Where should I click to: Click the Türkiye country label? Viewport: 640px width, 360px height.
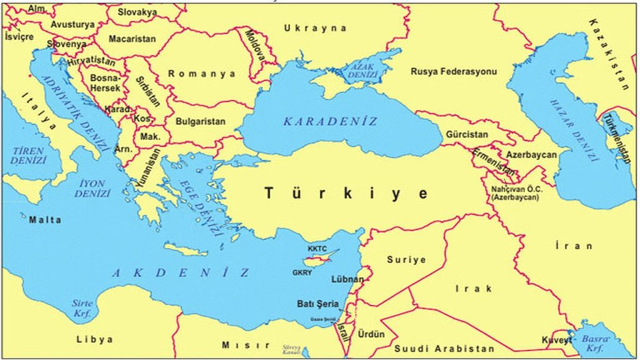pos(346,193)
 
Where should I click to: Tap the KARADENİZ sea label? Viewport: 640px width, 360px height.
pos(331,121)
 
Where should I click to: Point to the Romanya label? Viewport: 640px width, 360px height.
pos(202,74)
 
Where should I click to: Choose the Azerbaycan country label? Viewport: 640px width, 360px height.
pos(531,154)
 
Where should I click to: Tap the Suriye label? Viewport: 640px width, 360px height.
pos(406,259)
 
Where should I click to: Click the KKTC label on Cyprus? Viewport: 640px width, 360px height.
pos(317,249)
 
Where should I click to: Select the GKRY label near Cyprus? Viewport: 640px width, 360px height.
pos(302,272)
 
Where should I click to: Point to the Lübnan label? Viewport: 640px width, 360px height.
pos(348,279)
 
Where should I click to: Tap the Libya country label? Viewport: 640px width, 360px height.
pos(95,339)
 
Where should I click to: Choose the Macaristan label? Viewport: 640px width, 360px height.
pos(132,39)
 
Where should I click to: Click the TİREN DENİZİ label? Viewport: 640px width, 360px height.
pos(28,156)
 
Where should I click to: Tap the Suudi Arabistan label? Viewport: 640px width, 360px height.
pos(444,349)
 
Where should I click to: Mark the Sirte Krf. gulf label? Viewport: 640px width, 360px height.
pos(82,308)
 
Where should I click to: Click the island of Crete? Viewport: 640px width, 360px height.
pos(186,250)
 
